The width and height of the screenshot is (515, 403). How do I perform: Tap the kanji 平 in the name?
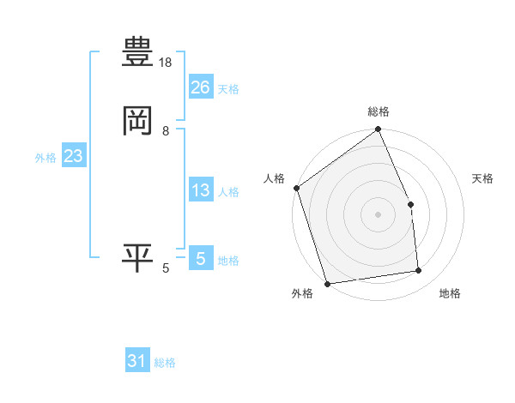pos(137,258)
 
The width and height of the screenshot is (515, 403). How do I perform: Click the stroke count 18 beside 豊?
pos(167,63)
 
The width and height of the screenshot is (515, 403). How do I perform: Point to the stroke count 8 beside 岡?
pos(166,131)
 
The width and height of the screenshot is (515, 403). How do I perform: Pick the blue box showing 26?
pos(200,87)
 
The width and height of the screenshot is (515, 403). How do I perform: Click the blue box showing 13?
pos(200,190)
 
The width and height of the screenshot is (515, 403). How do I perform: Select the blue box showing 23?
pos(73,157)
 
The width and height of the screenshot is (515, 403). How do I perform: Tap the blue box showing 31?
pos(137,362)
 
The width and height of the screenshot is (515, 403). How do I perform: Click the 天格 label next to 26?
pos(228,89)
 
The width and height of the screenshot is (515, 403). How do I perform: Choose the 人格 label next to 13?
pos(228,192)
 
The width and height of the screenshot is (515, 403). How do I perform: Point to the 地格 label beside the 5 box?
pos(228,261)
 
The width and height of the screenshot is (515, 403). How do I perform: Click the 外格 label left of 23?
pos(45,159)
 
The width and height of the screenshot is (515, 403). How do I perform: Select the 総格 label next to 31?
pos(165,364)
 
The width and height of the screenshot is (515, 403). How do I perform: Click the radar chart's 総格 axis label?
pos(379,111)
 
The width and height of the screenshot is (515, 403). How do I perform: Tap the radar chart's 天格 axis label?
pos(483,178)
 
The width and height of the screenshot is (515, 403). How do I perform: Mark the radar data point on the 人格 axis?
pos(296,188)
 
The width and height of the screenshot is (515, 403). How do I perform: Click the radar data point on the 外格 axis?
pos(327,283)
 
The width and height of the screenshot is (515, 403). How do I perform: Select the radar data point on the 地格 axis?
pos(419,271)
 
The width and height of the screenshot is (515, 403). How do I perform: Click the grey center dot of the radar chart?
pos(378,214)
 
